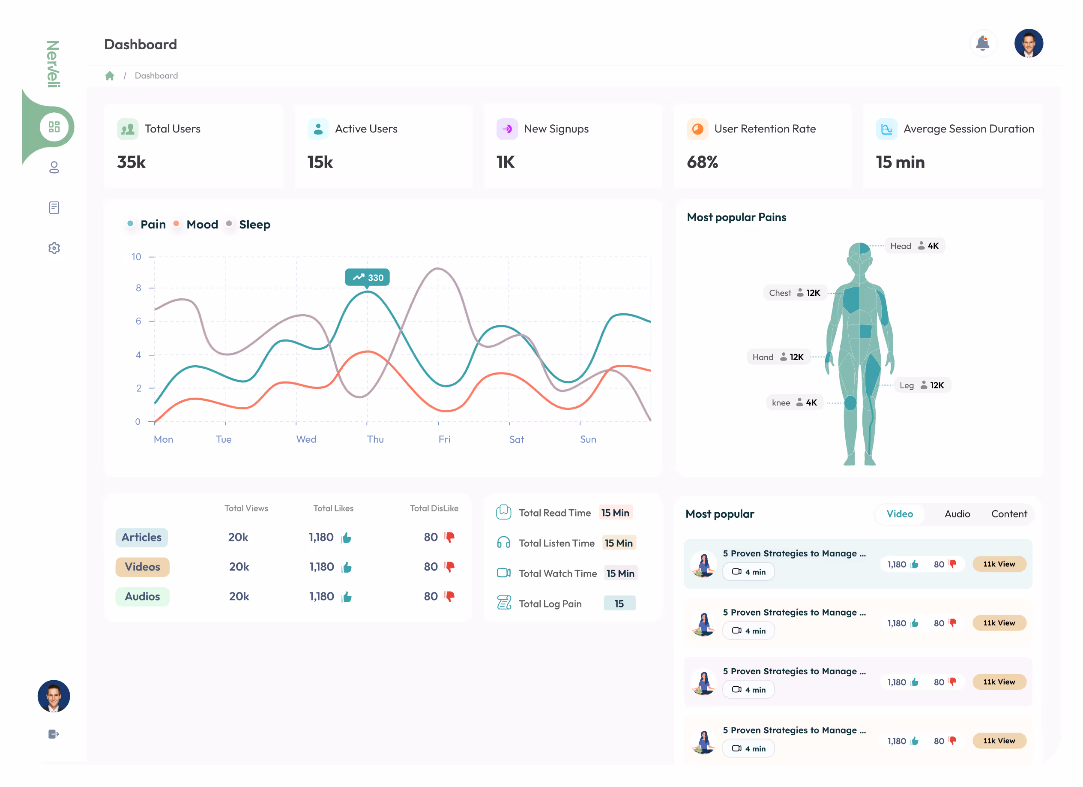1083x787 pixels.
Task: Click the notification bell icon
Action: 982,43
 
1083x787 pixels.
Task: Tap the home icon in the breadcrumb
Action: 110,75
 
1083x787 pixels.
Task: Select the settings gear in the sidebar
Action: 54,248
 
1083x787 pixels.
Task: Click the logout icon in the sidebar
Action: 54,734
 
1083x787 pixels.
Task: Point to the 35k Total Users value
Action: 132,162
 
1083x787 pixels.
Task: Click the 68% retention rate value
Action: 702,162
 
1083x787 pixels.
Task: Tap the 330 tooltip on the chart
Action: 367,278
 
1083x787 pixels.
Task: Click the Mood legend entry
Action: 201,225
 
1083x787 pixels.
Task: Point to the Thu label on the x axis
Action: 375,439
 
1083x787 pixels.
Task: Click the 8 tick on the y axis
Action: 138,288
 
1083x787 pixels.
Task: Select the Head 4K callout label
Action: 914,246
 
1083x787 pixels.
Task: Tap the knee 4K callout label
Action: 794,403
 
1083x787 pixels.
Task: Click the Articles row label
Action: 141,537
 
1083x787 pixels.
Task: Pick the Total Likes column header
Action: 333,508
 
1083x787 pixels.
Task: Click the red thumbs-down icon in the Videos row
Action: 449,567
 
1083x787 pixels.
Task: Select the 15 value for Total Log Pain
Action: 619,604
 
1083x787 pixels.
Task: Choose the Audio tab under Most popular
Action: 957,514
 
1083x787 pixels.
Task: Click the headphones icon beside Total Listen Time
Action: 503,543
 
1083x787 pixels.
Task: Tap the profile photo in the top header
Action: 1028,43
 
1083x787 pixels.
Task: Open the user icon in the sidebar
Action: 54,167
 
